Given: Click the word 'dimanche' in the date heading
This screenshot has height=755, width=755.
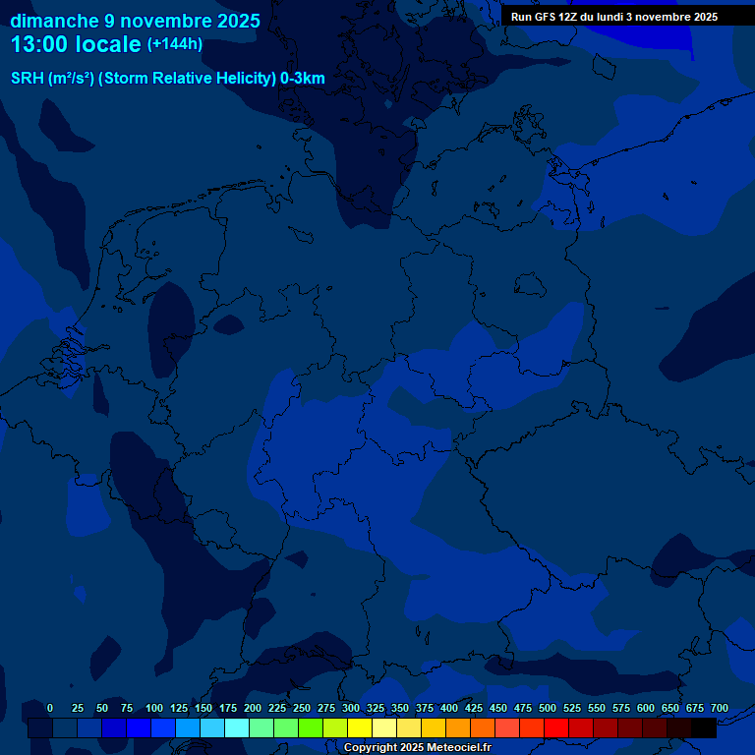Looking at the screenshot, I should click(55, 21).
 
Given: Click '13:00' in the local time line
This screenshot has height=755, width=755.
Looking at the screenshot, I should click(38, 44).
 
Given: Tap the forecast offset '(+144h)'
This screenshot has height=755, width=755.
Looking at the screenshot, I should click(175, 44).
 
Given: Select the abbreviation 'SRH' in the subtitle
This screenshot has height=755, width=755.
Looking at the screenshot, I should click(28, 79).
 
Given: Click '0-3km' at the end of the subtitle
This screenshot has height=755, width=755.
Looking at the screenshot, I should click(303, 79).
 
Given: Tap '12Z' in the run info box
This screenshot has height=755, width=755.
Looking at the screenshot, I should click(570, 17).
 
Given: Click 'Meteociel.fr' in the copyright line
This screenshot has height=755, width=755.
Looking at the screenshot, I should click(458, 748).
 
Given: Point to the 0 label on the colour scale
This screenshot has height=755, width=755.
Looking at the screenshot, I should click(50, 708).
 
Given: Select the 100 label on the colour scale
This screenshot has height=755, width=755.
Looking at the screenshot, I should click(153, 708).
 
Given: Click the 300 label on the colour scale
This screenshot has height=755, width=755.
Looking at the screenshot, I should click(350, 708).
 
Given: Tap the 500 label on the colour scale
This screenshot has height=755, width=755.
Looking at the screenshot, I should click(547, 708).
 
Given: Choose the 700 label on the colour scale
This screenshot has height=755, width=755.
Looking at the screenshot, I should click(719, 708).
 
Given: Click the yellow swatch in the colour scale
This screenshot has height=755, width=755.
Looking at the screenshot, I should click(360, 728).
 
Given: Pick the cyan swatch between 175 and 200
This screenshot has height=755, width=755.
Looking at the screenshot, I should click(237, 728).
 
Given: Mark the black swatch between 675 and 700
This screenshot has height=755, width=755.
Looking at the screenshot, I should click(704, 728).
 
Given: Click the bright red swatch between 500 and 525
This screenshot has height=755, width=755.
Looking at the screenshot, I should click(556, 728).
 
